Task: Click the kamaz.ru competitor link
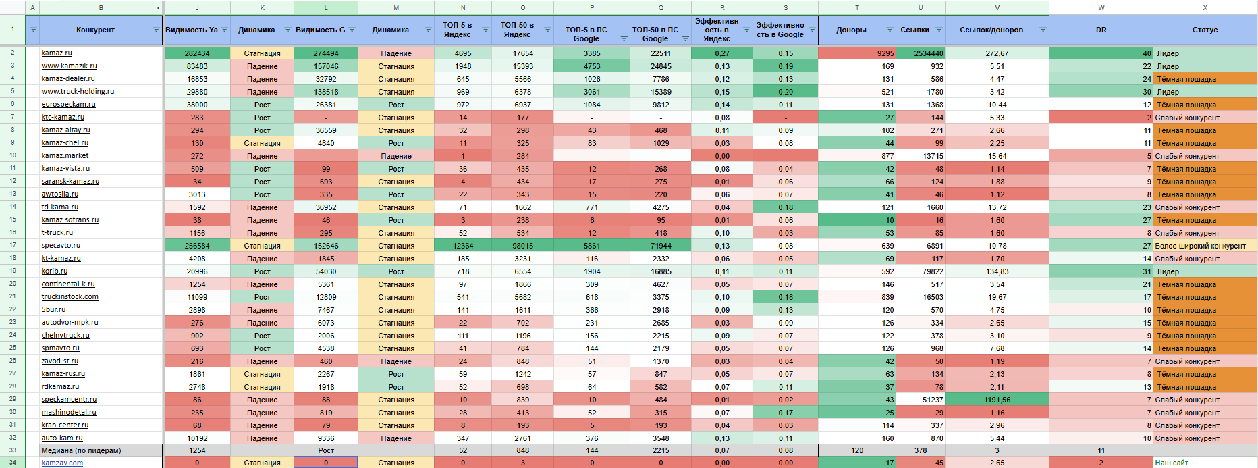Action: tap(57, 53)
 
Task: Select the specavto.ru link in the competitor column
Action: tap(61, 246)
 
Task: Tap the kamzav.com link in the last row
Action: tap(62, 463)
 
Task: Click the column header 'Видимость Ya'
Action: tap(192, 30)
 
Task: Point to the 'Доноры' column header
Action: tap(851, 30)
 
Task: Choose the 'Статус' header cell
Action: tap(1205, 30)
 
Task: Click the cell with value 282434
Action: tap(197, 53)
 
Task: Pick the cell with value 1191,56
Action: tap(997, 400)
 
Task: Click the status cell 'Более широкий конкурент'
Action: tap(1200, 246)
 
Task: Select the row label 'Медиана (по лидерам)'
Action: tap(81, 450)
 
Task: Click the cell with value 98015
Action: tap(522, 246)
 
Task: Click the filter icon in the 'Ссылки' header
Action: tap(939, 30)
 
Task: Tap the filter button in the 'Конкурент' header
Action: tap(156, 30)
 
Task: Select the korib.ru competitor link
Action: tap(55, 271)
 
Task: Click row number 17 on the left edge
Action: tap(12, 246)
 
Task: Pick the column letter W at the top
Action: tap(1101, 8)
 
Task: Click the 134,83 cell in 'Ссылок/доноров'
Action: tap(997, 271)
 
